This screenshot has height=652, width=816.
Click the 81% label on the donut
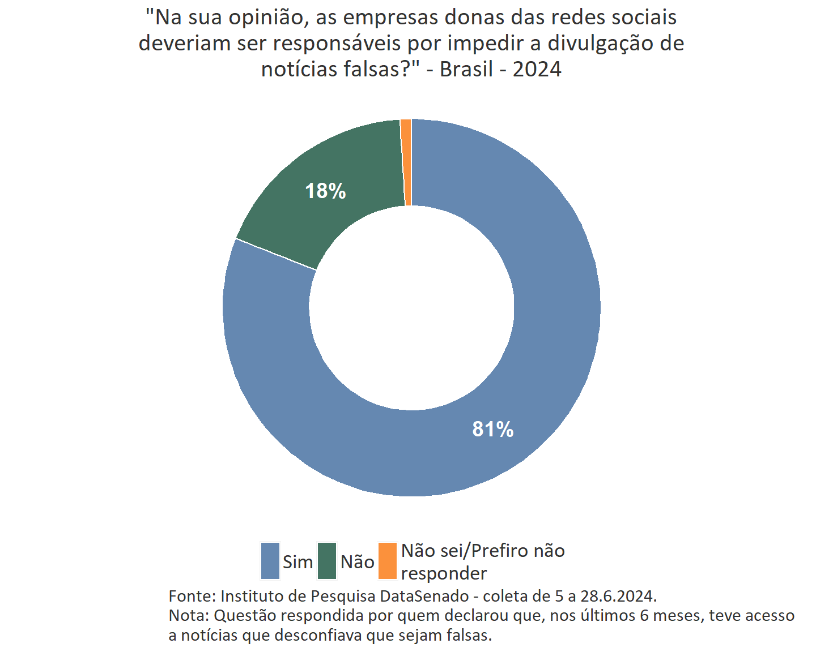tap(492, 430)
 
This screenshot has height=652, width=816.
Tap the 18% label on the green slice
tap(325, 191)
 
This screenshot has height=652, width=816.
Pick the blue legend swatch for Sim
tap(270, 561)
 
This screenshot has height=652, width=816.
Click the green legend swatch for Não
tap(327, 561)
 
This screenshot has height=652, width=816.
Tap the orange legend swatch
tap(388, 561)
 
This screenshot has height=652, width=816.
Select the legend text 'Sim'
tap(297, 562)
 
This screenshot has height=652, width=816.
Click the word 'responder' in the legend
tap(444, 573)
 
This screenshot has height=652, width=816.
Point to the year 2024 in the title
tap(537, 69)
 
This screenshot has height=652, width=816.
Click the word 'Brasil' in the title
tap(466, 69)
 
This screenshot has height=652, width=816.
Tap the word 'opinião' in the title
tap(268, 18)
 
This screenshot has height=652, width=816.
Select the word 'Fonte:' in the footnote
tap(192, 596)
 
